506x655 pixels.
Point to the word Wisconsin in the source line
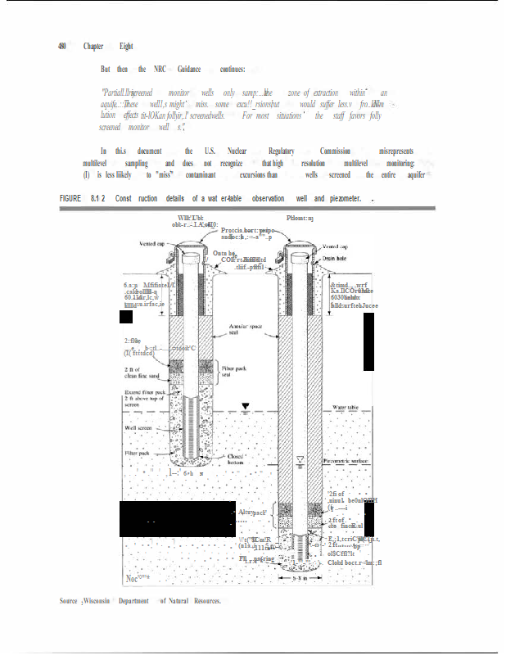click(102, 601)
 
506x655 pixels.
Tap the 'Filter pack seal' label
click(235, 373)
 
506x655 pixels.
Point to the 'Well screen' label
click(140, 427)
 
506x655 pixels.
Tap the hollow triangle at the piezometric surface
click(303, 458)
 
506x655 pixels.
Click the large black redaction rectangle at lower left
click(178, 517)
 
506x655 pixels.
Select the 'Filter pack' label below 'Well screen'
click(138, 452)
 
